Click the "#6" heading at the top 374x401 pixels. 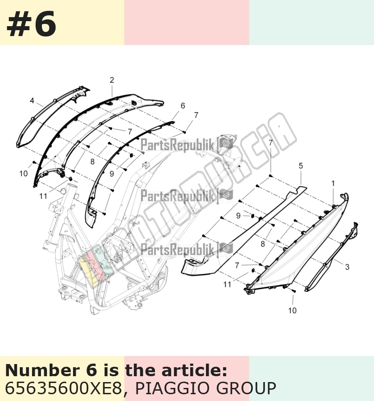(31, 24)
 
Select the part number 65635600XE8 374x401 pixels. (64, 388)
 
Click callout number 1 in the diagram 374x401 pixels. (333, 183)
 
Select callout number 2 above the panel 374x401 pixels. (112, 80)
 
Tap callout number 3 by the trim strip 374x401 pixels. (347, 267)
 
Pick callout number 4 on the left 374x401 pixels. (32, 101)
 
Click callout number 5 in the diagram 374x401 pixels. (301, 166)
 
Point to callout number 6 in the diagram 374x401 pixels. (182, 105)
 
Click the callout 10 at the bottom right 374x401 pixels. (292, 310)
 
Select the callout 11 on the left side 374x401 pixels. (43, 196)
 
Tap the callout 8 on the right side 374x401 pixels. (263, 244)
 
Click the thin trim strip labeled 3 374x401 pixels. (332, 257)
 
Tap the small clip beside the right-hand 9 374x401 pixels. (252, 216)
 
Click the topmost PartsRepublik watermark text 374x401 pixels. (177, 145)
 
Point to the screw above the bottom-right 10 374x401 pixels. (294, 291)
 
